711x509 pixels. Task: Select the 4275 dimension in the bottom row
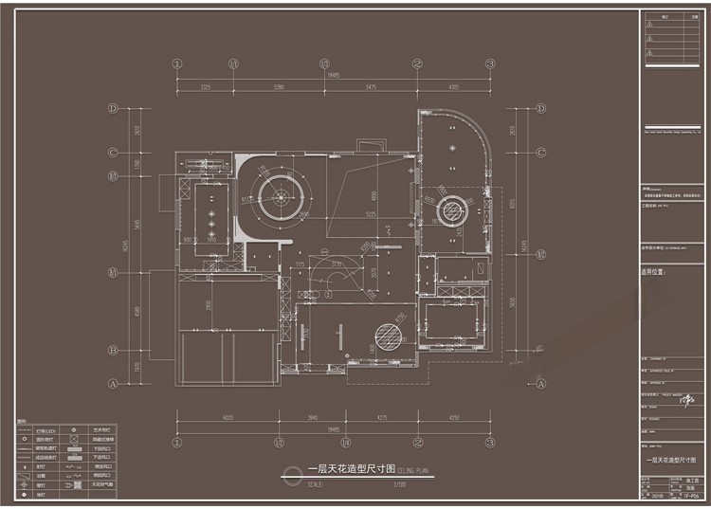381,417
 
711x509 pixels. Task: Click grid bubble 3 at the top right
490,64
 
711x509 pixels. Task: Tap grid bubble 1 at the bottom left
176,442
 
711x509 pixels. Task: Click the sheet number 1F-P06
689,496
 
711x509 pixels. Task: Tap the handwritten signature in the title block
676,397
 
